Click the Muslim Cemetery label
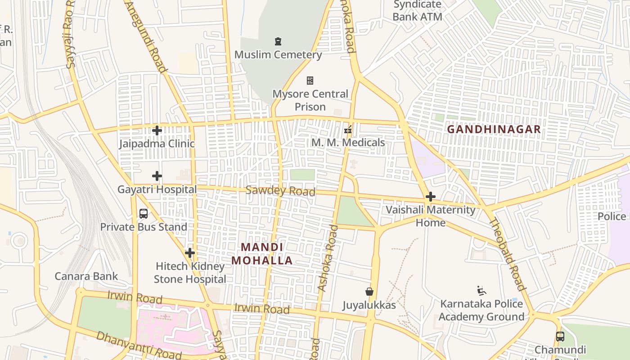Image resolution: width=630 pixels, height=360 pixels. pos(278,55)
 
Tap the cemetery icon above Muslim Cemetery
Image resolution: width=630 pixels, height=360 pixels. pos(278,42)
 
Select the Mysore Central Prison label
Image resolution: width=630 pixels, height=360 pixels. pos(310,100)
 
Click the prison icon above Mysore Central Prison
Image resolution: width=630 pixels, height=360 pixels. pos(310,81)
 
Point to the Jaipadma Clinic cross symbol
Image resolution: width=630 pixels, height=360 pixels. pos(157,130)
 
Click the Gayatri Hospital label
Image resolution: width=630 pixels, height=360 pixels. pos(157,189)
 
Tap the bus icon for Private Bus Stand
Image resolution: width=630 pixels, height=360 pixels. pos(144,214)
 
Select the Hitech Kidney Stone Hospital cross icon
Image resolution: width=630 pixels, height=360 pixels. pos(190,253)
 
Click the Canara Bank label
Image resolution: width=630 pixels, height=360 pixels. pos(86,276)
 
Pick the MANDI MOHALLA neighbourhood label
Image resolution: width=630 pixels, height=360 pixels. pos(262,254)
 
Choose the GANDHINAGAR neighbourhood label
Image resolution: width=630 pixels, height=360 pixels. pos(494,130)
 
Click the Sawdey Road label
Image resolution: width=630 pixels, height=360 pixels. pos(280,191)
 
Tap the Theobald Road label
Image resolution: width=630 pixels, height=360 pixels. pos(507,254)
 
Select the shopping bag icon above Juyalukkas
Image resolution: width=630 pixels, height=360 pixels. pos(369,292)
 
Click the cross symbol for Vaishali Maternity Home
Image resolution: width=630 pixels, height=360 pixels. pos(431,197)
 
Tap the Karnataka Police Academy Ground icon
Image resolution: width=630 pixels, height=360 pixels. pos(481,290)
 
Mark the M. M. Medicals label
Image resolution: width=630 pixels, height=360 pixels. pos(348,143)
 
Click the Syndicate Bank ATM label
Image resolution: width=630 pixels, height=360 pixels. pos(417,11)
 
